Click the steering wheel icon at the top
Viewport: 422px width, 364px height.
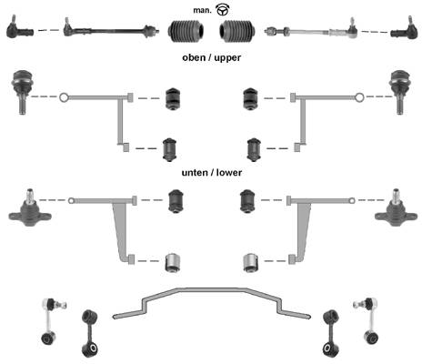(x=223, y=10)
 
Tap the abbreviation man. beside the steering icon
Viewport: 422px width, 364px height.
(x=202, y=10)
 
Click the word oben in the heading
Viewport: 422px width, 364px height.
(x=194, y=57)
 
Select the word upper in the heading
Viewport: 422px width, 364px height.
(x=227, y=57)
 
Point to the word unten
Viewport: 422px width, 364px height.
(x=195, y=173)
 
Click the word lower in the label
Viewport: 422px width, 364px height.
(x=229, y=173)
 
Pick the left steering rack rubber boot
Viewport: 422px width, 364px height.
(x=186, y=31)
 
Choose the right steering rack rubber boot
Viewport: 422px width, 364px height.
(x=237, y=31)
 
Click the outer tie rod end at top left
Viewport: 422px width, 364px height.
(x=19, y=28)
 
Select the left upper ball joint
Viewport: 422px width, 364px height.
(x=22, y=92)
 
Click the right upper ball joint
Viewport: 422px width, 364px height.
(x=399, y=92)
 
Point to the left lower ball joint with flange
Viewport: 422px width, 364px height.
(x=30, y=208)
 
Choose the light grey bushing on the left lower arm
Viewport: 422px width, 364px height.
(x=174, y=262)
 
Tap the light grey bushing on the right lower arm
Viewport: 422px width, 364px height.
(x=250, y=262)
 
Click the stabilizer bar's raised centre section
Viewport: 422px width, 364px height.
(x=212, y=290)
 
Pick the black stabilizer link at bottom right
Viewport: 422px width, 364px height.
(x=331, y=333)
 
